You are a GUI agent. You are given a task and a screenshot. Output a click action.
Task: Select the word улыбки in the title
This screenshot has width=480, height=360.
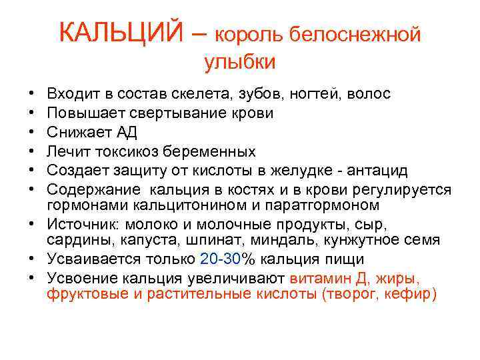tap(239, 62)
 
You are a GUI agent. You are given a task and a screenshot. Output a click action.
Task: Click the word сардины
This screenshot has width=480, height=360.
tap(75, 240)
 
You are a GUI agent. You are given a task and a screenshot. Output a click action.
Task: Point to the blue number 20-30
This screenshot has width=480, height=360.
tap(221, 259)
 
